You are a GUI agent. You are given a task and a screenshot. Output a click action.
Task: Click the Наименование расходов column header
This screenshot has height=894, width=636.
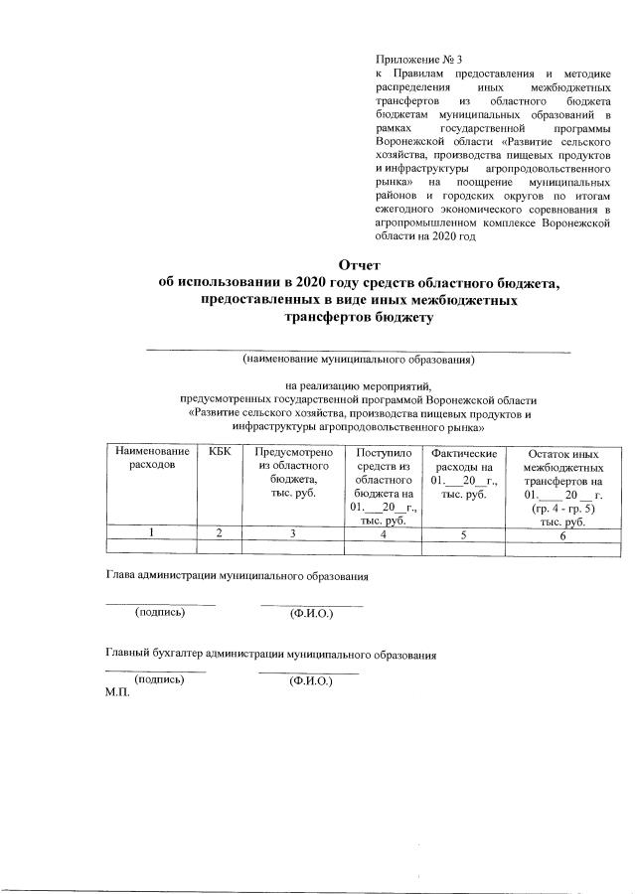[x=151, y=458]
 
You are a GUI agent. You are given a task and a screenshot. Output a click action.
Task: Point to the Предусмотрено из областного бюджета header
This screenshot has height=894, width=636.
[x=292, y=472]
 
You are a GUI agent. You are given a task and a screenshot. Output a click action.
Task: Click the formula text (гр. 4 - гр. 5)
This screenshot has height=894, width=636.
[x=563, y=508]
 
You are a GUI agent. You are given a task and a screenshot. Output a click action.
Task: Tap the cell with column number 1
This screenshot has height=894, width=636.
[x=151, y=534]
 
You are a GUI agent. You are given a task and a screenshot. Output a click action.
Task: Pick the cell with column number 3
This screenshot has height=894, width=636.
[x=292, y=534]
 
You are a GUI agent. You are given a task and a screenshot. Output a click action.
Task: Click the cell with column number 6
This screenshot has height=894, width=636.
[x=562, y=536]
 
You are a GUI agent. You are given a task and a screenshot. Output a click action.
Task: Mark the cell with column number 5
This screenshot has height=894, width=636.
[x=464, y=535]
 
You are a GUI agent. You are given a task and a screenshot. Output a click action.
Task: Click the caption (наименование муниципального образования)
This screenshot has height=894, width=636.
[x=359, y=359]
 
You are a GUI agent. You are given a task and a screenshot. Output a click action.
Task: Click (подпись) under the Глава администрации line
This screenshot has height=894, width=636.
[x=160, y=612]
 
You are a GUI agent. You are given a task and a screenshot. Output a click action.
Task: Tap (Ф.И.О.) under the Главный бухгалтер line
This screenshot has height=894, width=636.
[x=309, y=682]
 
